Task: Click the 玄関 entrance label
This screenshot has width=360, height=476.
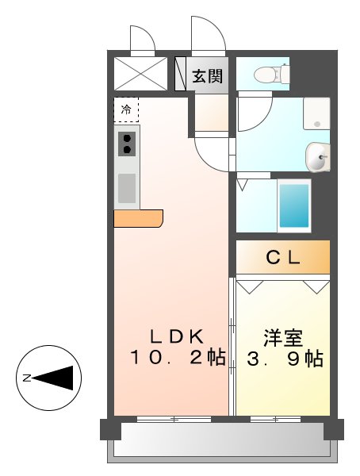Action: [207, 77]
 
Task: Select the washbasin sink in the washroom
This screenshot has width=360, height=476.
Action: [318, 157]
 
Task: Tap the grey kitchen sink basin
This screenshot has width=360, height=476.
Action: [127, 188]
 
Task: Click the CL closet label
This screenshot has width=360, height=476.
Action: [282, 257]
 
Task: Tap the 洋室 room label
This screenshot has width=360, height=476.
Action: [282, 336]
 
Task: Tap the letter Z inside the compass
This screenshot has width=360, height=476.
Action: [27, 378]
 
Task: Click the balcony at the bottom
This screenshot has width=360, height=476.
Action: [222, 440]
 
